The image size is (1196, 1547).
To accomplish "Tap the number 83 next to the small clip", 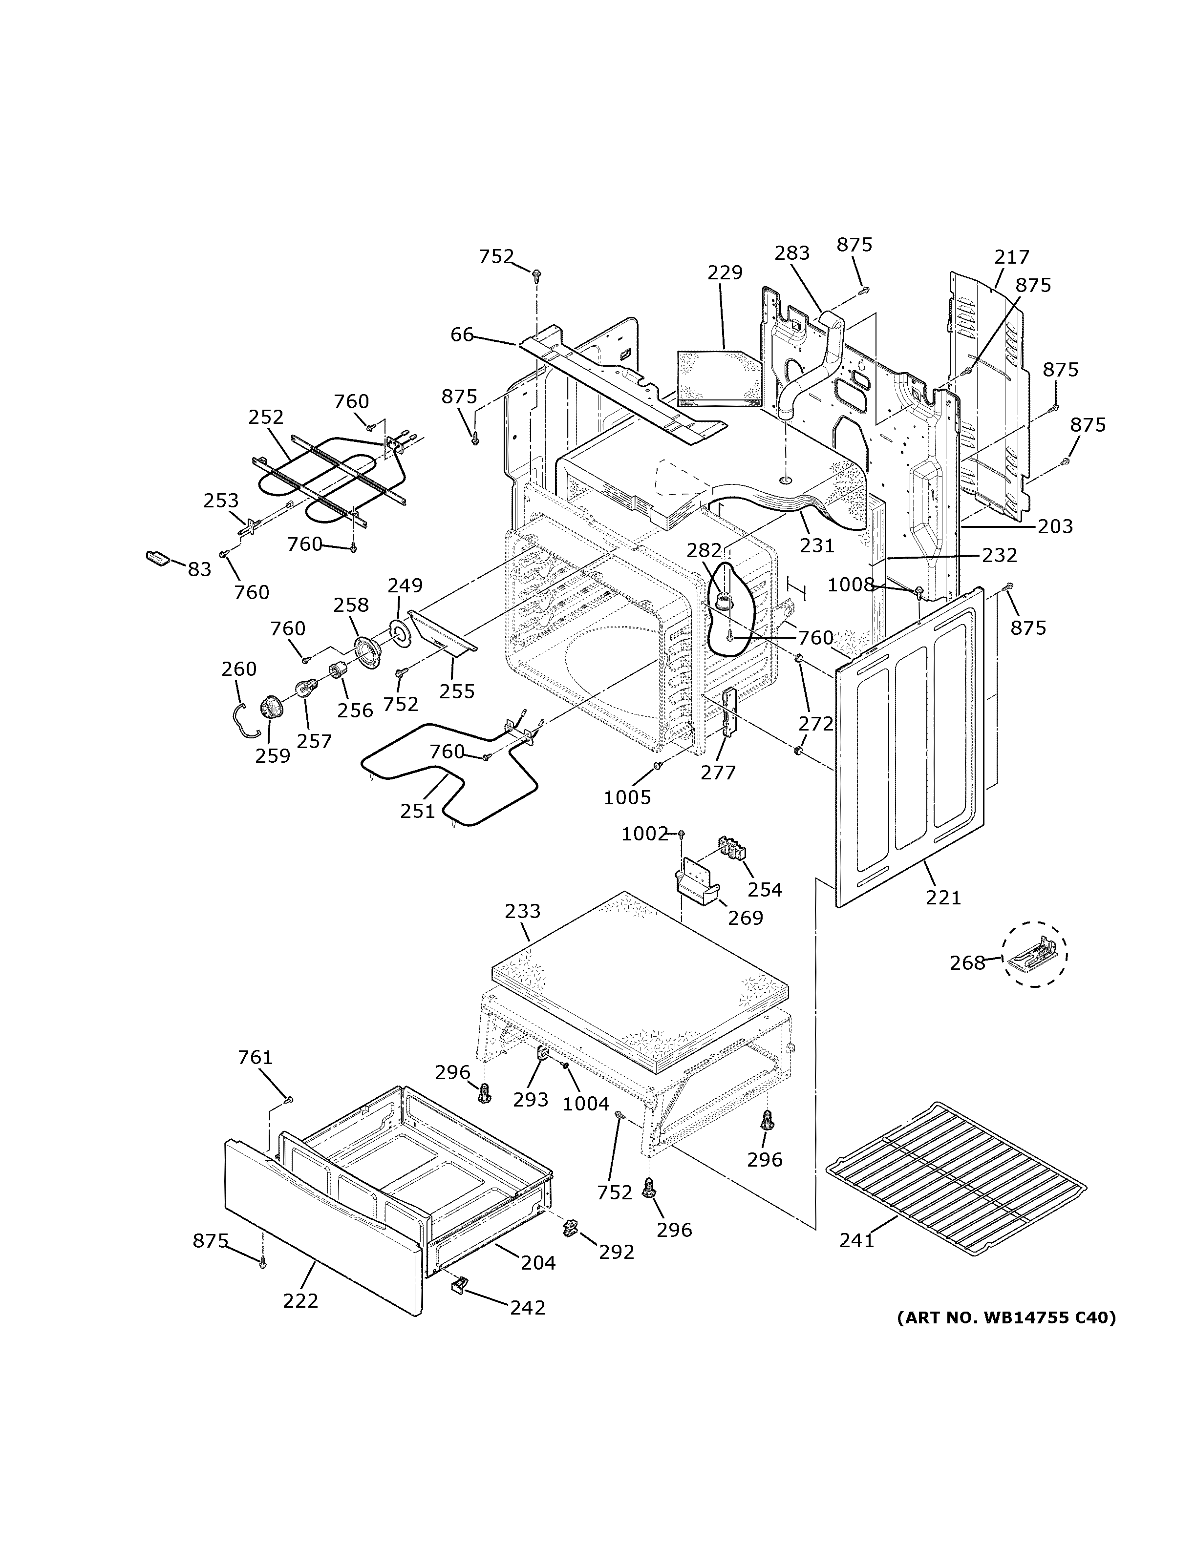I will point(199,569).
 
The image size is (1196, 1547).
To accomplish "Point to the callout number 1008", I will point(851,585).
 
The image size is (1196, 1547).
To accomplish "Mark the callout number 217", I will point(1012,257).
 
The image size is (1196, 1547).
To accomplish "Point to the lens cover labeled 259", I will point(270,706).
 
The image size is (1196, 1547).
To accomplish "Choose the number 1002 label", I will point(645,835).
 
